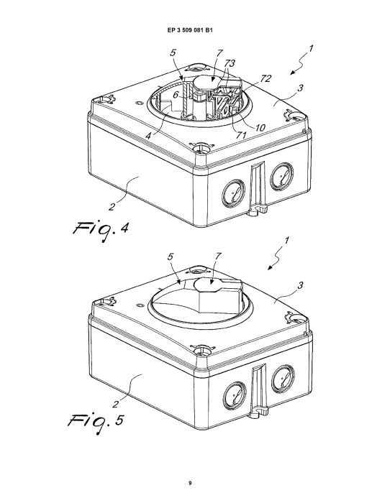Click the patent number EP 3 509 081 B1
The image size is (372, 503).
(x=190, y=30)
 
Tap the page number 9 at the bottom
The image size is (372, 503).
(x=190, y=483)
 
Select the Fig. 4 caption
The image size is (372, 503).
(x=101, y=231)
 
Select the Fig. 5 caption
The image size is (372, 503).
(x=96, y=423)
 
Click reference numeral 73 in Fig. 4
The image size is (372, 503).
(x=230, y=63)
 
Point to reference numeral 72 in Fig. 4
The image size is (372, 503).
(x=266, y=78)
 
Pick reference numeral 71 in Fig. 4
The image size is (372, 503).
(x=241, y=135)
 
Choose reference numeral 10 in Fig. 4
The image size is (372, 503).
(x=260, y=128)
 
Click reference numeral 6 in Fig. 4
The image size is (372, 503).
(x=176, y=95)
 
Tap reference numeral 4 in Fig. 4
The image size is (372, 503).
(x=148, y=136)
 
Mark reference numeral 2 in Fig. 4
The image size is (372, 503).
(x=112, y=207)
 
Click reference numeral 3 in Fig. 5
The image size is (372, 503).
(x=300, y=285)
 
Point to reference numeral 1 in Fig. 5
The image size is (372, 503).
(x=287, y=240)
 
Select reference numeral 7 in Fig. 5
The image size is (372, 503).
(x=219, y=256)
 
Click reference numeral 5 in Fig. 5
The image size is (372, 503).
(x=171, y=257)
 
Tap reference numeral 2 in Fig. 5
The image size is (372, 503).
(x=115, y=403)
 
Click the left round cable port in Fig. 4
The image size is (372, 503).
(x=233, y=193)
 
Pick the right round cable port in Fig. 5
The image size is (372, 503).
(x=283, y=379)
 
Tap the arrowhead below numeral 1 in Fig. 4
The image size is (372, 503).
(x=292, y=73)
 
